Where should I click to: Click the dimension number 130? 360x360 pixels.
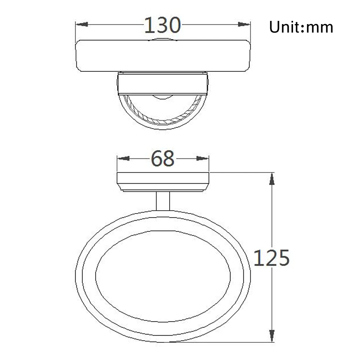tap(162, 25)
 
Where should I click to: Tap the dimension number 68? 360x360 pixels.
tap(163, 158)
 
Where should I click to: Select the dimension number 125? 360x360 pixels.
tap(271, 258)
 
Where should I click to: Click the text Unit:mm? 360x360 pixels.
tap(301, 27)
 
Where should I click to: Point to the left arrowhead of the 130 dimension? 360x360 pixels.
tap(82, 24)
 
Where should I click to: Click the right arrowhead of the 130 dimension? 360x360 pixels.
tap(244, 24)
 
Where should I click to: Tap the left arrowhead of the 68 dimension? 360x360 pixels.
tap(123, 158)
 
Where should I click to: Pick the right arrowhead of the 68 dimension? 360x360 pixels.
tap(202, 158)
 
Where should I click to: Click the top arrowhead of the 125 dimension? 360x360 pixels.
tap(272, 179)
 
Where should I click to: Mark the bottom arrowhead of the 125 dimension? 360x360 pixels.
tap(272, 336)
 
